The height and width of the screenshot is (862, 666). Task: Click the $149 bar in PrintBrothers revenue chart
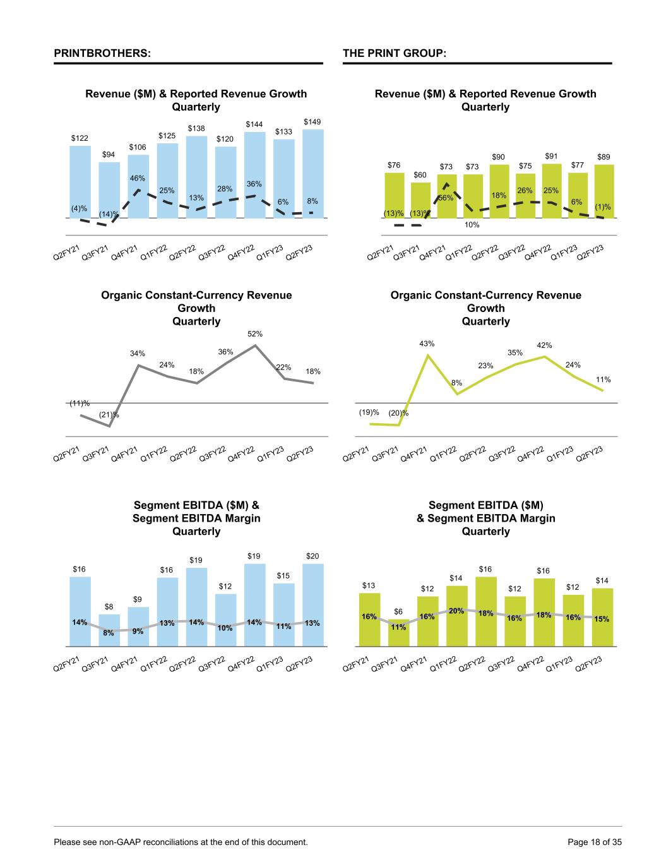pyautogui.click(x=312, y=174)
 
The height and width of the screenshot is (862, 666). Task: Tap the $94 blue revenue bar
pyautogui.click(x=109, y=189)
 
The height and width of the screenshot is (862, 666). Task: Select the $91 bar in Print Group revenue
pyautogui.click(x=551, y=189)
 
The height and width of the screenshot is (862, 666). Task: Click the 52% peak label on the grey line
pyautogui.click(x=255, y=333)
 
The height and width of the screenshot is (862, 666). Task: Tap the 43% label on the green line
pyautogui.click(x=427, y=344)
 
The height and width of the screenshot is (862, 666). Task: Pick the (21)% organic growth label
pyautogui.click(x=109, y=414)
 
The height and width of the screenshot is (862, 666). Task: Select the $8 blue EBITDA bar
pyautogui.click(x=109, y=630)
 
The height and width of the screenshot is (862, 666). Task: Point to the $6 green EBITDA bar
pyautogui.click(x=398, y=633)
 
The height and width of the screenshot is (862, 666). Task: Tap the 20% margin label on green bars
pyautogui.click(x=456, y=611)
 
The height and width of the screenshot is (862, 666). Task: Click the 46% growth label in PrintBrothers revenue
pyautogui.click(x=138, y=179)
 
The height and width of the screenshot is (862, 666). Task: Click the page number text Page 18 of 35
pyautogui.click(x=595, y=842)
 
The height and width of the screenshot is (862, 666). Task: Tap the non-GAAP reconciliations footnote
pyautogui.click(x=181, y=842)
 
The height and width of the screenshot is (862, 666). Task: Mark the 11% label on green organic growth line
pyautogui.click(x=603, y=380)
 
